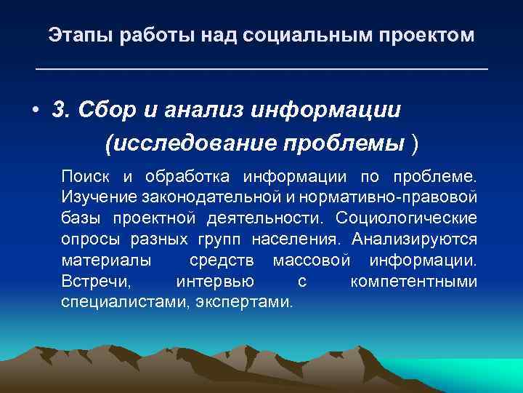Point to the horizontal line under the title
(261, 69)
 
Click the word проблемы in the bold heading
(330, 143)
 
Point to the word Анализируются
(414, 239)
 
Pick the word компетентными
(413, 281)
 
